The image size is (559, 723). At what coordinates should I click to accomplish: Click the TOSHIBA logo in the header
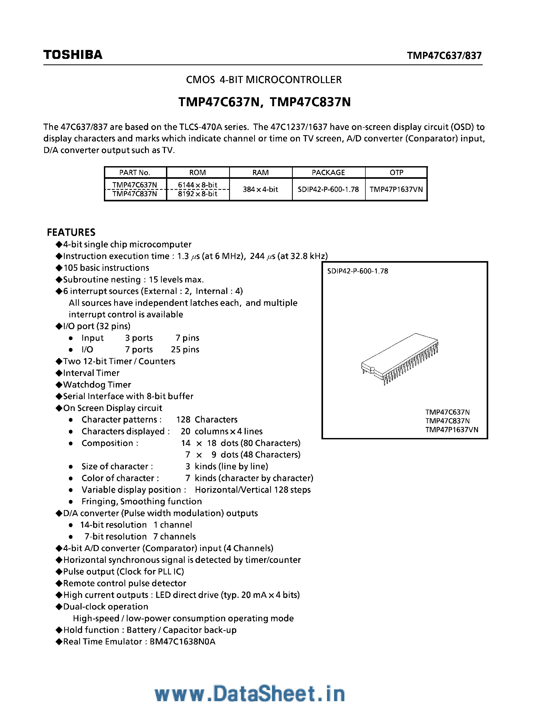pyautogui.click(x=73, y=55)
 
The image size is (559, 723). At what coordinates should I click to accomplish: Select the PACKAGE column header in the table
pyautogui.click(x=328, y=172)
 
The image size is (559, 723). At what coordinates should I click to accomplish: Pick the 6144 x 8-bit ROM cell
pyautogui.click(x=197, y=185)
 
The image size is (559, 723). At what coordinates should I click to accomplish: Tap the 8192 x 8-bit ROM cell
pyautogui.click(x=197, y=194)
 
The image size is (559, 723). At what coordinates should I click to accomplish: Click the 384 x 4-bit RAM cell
pyautogui.click(x=260, y=189)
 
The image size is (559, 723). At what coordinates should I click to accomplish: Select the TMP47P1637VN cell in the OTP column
pyautogui.click(x=396, y=189)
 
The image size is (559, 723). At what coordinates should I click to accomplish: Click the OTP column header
pyautogui.click(x=396, y=172)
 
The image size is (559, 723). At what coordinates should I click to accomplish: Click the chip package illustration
pyautogui.click(x=400, y=359)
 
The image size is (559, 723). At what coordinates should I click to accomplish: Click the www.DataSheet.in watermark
pyautogui.click(x=250, y=694)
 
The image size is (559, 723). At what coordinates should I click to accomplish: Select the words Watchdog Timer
pyautogui.click(x=97, y=385)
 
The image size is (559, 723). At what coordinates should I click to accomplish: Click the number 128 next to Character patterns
pyautogui.click(x=183, y=420)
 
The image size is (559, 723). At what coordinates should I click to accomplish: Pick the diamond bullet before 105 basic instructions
pyautogui.click(x=59, y=268)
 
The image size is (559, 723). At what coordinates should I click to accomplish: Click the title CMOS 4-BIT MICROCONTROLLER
pyautogui.click(x=264, y=80)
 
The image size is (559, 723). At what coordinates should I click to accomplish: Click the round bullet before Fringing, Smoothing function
pyautogui.click(x=70, y=502)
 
